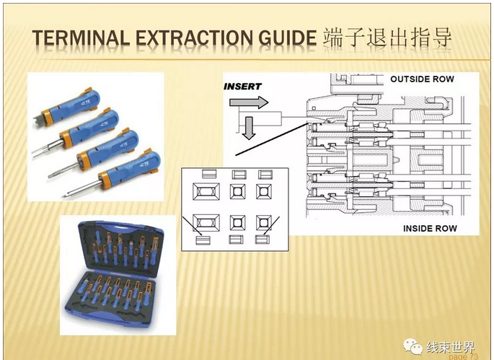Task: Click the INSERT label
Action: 242,87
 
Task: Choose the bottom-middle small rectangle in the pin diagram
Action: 236,239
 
